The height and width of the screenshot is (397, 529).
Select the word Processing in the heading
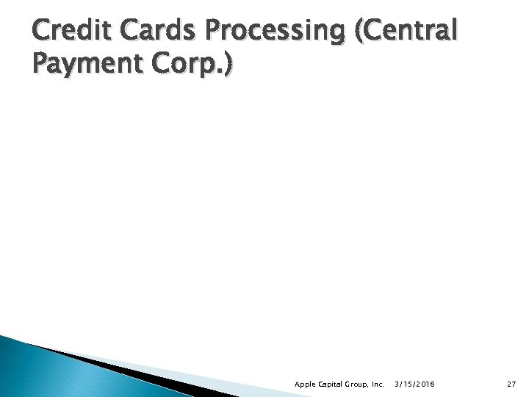pos(247,35)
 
